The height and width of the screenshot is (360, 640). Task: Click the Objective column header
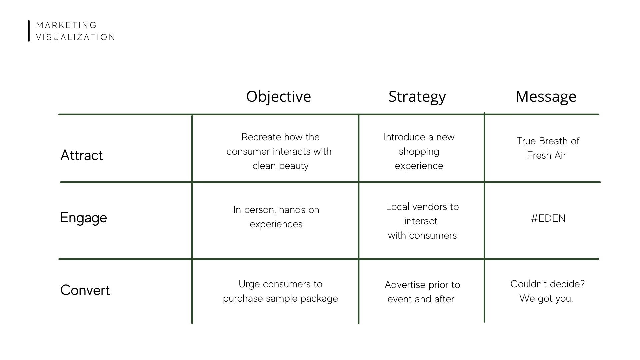tap(279, 97)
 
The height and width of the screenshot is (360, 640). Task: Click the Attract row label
tap(82, 155)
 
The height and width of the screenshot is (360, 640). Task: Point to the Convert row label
tap(85, 290)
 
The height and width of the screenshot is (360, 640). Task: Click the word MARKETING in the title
tap(66, 25)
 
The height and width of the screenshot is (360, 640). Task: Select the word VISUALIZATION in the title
tap(75, 37)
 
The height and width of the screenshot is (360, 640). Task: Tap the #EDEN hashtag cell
tap(548, 218)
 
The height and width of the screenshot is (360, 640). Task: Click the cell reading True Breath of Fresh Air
tap(547, 148)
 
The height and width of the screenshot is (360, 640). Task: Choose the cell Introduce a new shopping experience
tap(419, 151)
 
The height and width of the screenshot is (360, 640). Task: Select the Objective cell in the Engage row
tap(276, 217)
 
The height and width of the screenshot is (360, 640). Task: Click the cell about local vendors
tap(422, 221)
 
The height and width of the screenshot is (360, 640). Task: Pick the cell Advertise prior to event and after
tap(422, 292)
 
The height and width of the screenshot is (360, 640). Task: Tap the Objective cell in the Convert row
tap(280, 291)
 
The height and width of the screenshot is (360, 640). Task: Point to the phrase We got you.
tap(546, 298)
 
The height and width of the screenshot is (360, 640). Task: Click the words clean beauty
tap(280, 166)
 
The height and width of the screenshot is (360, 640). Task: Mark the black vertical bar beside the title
tap(29, 31)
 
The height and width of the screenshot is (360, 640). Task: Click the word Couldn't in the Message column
tap(526, 284)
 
